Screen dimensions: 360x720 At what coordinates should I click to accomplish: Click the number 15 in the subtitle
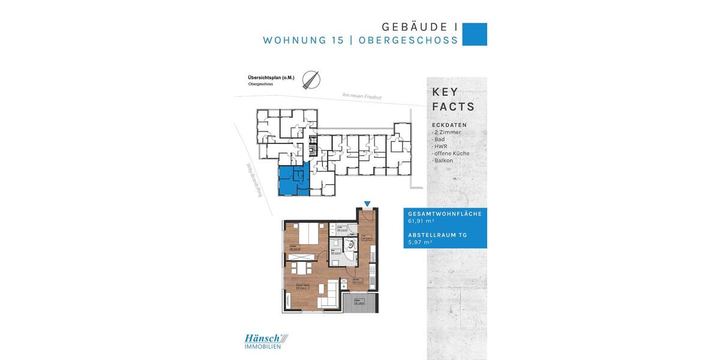[x=337, y=40]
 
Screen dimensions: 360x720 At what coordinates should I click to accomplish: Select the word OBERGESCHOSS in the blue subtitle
[x=408, y=40]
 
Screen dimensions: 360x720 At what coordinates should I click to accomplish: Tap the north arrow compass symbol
[x=311, y=80]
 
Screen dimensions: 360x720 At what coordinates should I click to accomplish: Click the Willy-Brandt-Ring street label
[x=254, y=181]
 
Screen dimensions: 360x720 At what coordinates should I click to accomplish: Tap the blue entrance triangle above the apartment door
[x=368, y=205]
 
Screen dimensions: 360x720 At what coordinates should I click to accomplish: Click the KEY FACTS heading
[x=453, y=100]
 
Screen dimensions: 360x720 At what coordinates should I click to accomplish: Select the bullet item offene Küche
[x=452, y=154]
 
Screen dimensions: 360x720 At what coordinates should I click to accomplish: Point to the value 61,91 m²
[x=421, y=221]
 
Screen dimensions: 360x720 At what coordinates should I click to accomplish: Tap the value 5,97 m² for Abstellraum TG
[x=420, y=242]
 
